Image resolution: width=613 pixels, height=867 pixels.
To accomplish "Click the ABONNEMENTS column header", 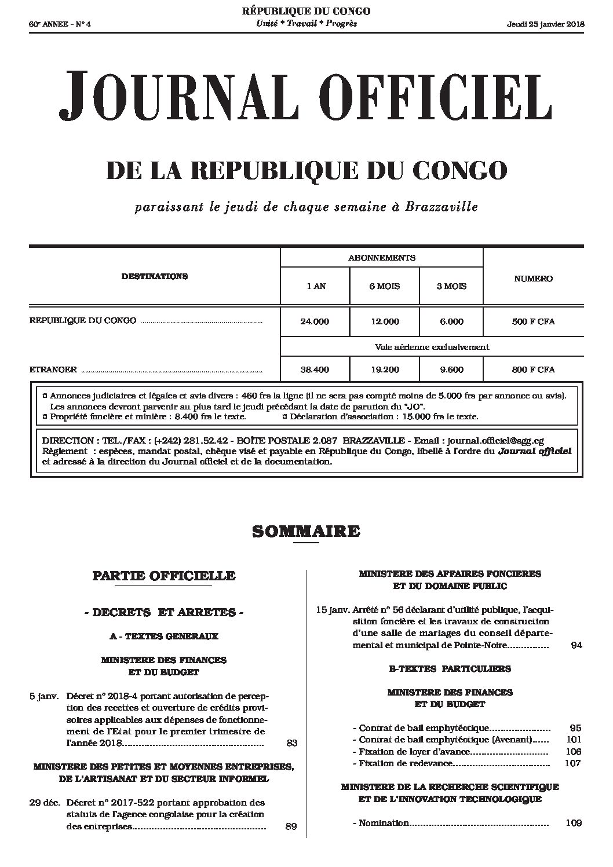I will click(381, 258).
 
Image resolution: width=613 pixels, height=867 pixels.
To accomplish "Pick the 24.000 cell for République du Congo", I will click(315, 321).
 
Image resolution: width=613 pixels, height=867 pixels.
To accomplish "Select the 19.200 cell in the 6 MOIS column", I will click(384, 369).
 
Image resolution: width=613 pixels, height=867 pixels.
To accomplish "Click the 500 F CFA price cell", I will click(533, 321).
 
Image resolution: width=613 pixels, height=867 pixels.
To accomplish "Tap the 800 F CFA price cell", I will click(533, 369).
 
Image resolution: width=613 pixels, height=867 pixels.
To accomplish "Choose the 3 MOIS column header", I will click(451, 286).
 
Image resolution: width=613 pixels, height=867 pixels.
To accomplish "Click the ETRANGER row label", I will click(53, 369).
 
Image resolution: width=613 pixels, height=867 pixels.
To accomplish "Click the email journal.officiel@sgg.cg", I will click(495, 441).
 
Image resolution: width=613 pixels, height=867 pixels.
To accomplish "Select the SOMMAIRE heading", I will click(306, 531).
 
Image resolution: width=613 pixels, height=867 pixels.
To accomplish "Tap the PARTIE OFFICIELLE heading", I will click(164, 576).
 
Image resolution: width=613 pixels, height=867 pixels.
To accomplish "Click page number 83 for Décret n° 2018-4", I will click(291, 742).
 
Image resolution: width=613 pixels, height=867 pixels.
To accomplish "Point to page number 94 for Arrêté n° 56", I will click(576, 645).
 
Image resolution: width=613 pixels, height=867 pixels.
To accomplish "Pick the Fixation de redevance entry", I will click(405, 763).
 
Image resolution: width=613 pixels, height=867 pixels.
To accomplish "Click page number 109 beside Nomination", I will click(574, 823).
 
